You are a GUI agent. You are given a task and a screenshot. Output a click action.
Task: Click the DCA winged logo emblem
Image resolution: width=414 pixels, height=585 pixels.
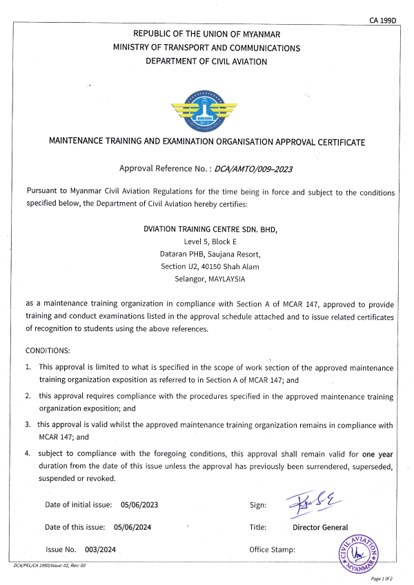click(207, 110)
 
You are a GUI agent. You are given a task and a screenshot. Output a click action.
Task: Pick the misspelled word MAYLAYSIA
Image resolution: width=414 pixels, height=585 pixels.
click(224, 279)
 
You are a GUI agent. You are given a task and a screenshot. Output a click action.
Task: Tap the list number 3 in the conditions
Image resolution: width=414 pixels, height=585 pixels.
click(28, 425)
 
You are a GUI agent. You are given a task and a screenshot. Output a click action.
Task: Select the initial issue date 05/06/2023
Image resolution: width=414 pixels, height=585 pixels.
click(139, 505)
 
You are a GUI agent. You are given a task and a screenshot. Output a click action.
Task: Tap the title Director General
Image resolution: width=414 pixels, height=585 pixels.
click(320, 527)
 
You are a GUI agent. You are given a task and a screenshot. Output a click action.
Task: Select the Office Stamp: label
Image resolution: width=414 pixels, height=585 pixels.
click(272, 550)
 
